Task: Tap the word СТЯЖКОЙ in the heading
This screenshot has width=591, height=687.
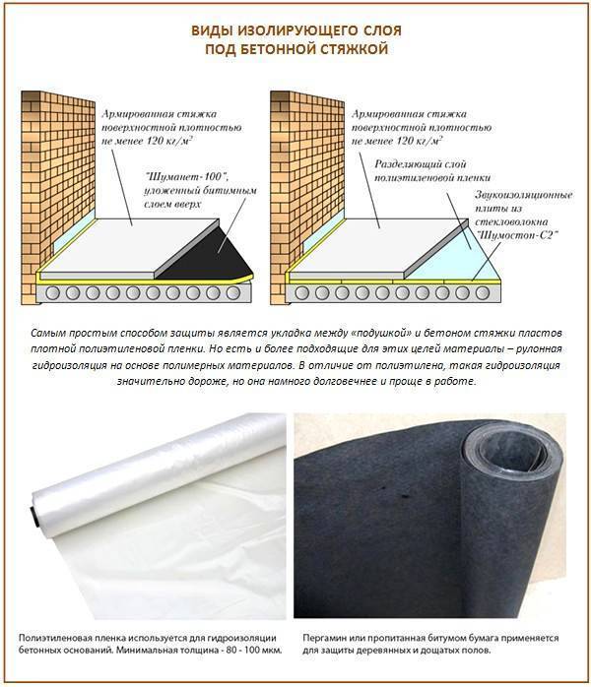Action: [354, 49]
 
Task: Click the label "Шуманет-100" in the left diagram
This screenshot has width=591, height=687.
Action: [188, 176]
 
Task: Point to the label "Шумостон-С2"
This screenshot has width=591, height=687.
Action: [516, 235]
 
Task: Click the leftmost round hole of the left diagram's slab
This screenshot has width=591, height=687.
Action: [52, 292]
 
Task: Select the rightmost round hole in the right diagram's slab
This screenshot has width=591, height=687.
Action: [483, 292]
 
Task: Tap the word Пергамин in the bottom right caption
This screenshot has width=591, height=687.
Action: [323, 639]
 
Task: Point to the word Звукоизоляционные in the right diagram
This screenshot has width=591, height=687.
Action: [524, 195]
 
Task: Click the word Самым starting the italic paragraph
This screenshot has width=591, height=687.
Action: [45, 333]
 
